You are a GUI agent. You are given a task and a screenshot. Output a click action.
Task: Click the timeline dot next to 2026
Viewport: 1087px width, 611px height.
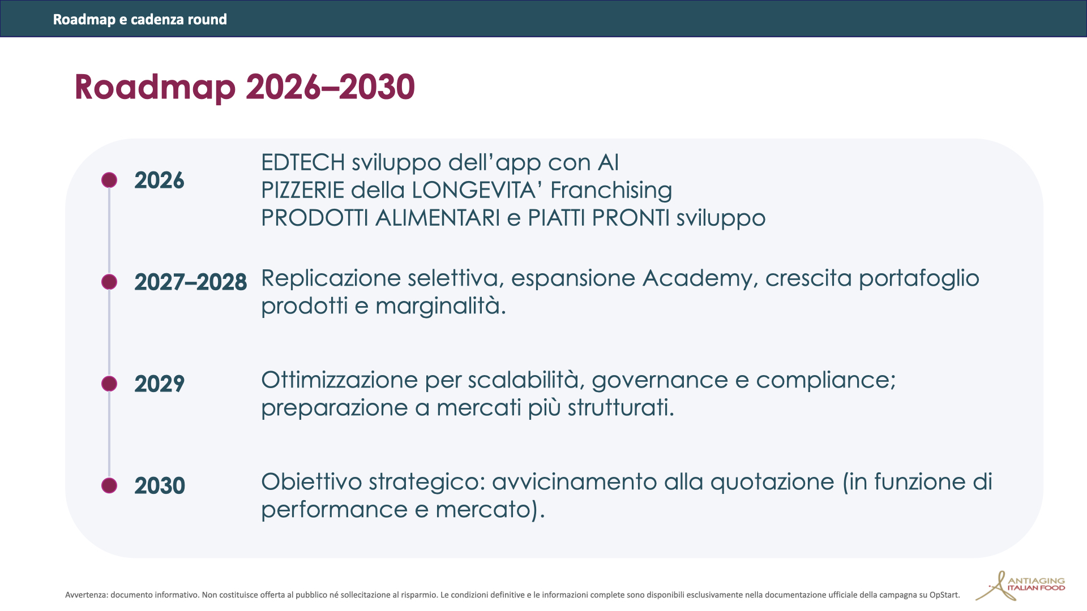(109, 180)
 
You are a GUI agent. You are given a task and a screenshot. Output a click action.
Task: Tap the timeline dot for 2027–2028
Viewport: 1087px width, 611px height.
(109, 282)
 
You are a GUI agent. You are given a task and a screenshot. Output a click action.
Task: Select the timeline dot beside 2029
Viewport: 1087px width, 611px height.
(109, 384)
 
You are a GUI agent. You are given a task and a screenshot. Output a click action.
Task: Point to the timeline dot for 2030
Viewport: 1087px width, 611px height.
(109, 485)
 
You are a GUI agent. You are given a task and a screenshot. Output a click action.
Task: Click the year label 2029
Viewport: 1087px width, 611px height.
(159, 384)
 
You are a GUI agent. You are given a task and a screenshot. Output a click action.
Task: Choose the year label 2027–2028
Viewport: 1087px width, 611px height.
(190, 282)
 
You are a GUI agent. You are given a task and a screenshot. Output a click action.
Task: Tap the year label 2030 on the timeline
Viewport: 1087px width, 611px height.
(160, 486)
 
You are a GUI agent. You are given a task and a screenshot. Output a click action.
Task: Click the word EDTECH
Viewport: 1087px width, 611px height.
(303, 163)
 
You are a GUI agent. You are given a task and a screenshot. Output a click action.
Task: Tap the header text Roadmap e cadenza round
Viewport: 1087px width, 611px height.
(140, 19)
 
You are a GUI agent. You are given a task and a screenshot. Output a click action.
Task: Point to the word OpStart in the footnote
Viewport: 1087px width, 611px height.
(944, 595)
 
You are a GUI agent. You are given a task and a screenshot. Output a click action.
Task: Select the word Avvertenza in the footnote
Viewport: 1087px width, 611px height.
(86, 595)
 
